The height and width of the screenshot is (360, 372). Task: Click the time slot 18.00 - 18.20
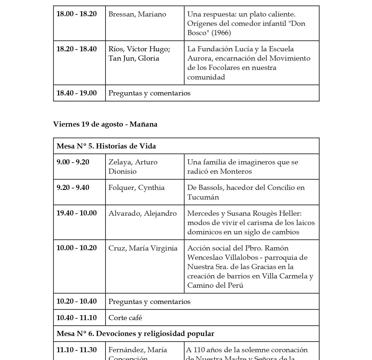[x=76, y=14]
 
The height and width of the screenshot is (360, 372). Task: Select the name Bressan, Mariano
[x=137, y=14]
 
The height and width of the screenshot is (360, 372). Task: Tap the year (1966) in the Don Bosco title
[x=221, y=33]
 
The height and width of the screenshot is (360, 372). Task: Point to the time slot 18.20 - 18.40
[x=76, y=49]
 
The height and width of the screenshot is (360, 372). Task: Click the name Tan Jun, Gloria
[x=134, y=58]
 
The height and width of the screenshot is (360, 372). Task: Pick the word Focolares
[x=219, y=67]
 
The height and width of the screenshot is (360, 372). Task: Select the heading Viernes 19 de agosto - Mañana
[x=105, y=124]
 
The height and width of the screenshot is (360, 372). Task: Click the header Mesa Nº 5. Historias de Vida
[x=106, y=146]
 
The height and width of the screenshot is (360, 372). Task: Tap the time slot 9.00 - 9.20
[x=73, y=162]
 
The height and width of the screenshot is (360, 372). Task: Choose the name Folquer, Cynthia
[x=136, y=187]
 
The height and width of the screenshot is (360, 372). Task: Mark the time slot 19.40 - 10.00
[x=76, y=213]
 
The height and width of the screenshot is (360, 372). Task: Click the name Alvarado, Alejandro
[x=142, y=213]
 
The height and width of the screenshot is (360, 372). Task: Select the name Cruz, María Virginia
[x=143, y=248]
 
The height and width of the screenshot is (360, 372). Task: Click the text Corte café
[x=125, y=318]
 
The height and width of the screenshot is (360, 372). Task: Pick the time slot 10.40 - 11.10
[x=76, y=318]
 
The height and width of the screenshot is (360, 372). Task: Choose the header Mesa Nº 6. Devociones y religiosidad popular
[x=135, y=334]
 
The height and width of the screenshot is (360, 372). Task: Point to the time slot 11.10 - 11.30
[x=76, y=350]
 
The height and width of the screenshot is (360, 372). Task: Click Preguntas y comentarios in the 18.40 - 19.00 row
[x=149, y=93]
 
